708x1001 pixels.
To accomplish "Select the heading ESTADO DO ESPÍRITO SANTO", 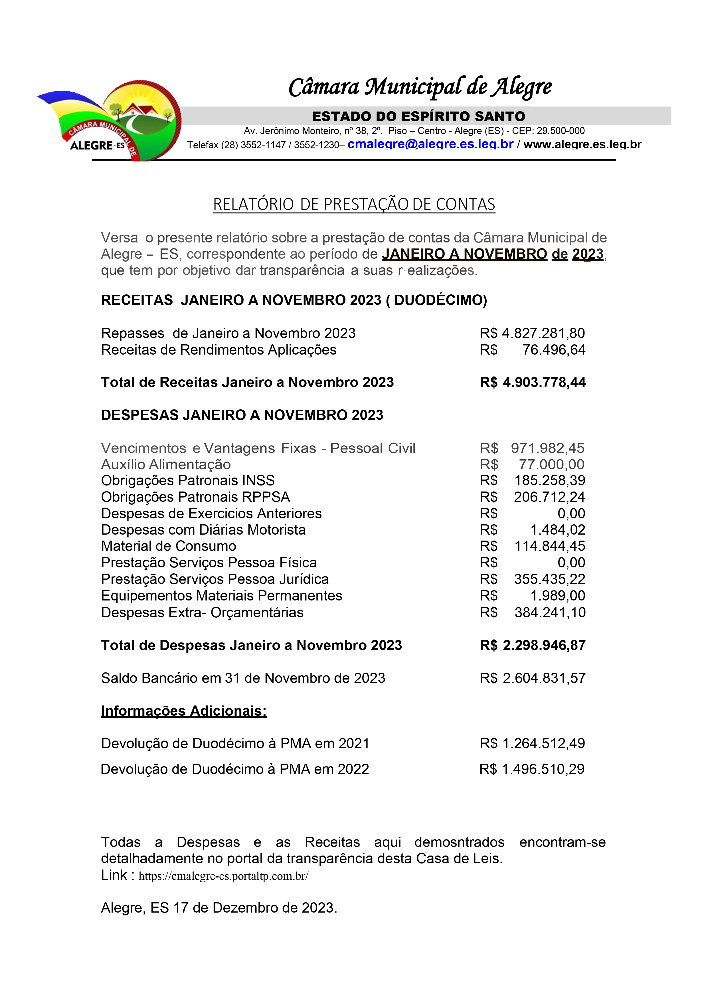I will tap(418, 116).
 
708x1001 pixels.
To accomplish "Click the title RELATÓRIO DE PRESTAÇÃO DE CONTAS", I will tap(354, 205).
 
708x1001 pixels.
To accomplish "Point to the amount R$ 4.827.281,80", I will tap(532, 333).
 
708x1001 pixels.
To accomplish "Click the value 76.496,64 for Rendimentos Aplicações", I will tap(554, 350).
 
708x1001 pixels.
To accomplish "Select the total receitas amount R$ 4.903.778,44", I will tap(533, 382).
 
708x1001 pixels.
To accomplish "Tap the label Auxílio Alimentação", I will tap(166, 464).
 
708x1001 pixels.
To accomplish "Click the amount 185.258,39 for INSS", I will tap(549, 480).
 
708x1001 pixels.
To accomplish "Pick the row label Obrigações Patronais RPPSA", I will tap(195, 497).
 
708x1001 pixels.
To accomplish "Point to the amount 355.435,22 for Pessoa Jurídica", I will tap(549, 579).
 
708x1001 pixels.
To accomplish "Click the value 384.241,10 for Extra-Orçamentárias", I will tap(550, 612).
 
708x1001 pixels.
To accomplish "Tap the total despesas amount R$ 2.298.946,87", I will tap(533, 645).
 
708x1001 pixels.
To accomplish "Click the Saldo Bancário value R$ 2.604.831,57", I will tap(533, 678).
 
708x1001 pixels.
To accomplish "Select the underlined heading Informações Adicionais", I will tap(183, 711).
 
